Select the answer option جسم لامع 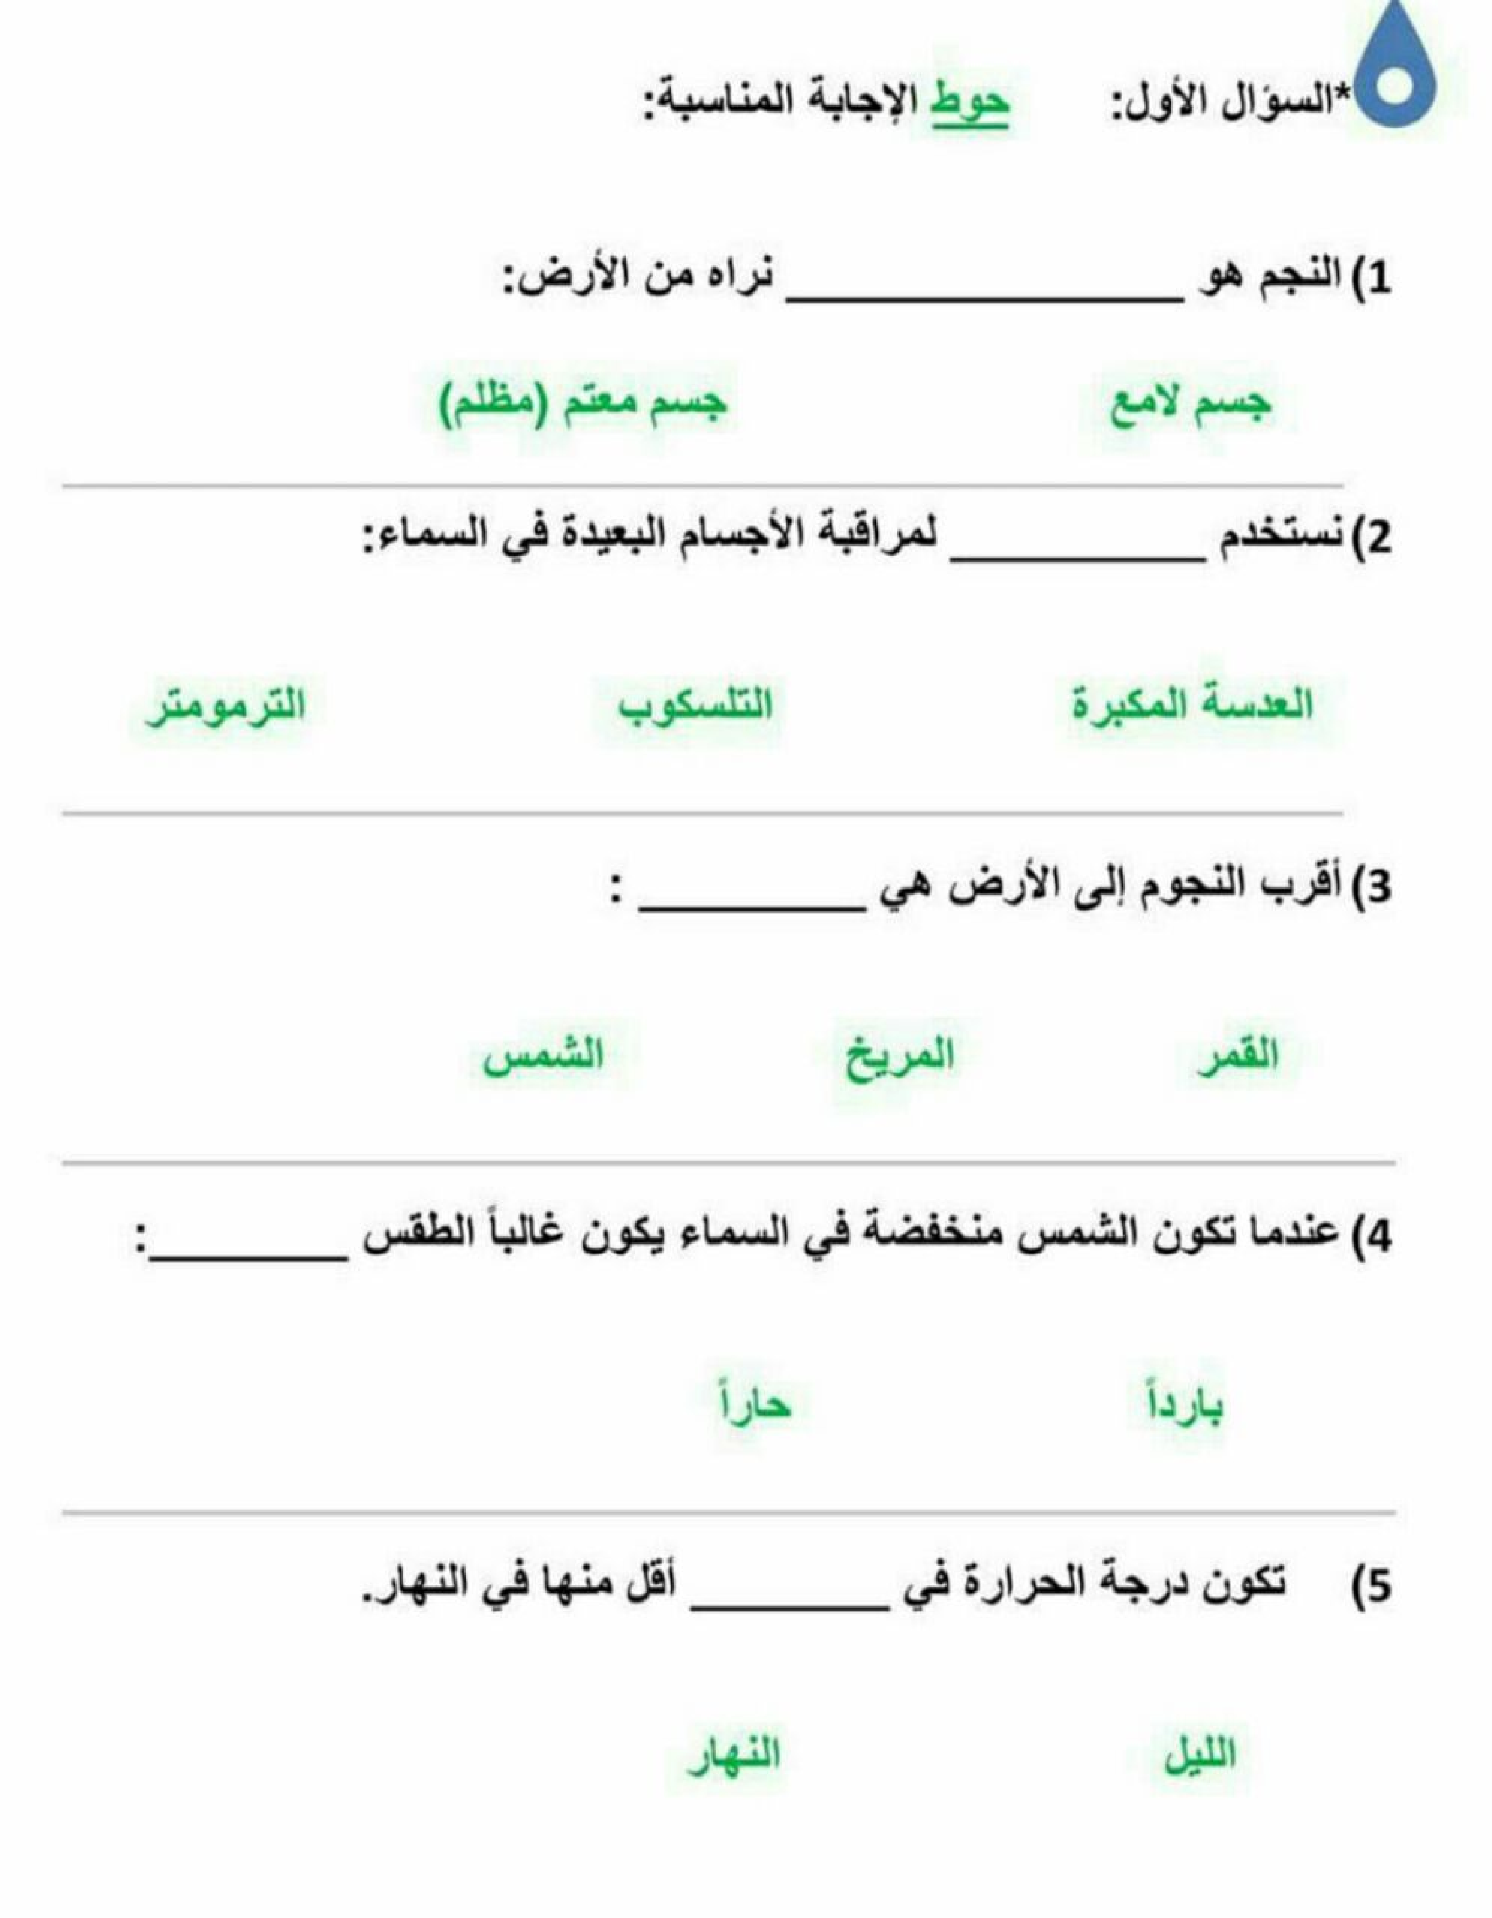[1191, 405]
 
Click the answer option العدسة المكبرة [1193, 705]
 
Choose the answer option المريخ [899, 1056]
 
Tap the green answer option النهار [734, 1755]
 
